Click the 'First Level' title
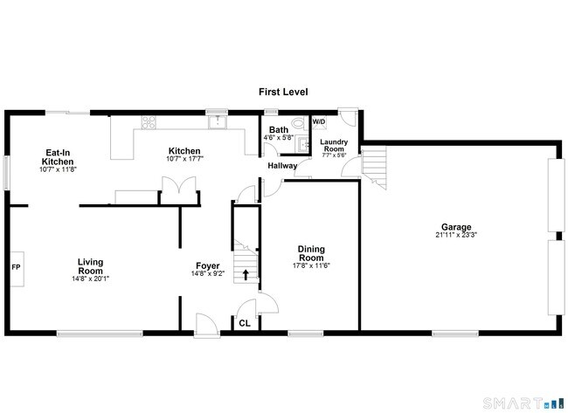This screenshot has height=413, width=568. click(x=283, y=92)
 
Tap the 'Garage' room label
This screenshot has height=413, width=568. click(x=458, y=225)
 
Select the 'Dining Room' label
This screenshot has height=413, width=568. click(x=312, y=252)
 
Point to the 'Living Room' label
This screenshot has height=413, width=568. click(x=91, y=265)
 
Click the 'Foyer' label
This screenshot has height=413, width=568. click(x=207, y=265)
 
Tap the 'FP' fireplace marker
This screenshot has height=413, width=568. click(x=16, y=265)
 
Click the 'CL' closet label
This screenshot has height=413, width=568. click(x=246, y=322)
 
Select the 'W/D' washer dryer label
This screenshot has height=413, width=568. click(x=319, y=120)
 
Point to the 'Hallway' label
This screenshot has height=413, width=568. click(x=282, y=166)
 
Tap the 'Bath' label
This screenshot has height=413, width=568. click(x=279, y=130)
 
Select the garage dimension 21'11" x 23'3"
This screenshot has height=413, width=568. click(x=458, y=234)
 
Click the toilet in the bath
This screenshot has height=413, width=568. click(x=299, y=124)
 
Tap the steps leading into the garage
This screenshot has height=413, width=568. click(x=373, y=162)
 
